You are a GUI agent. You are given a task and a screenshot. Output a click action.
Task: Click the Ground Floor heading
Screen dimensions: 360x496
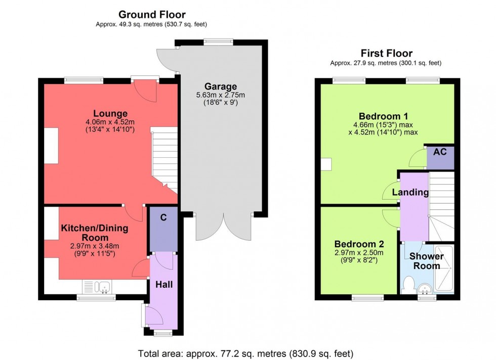[x=152, y=15]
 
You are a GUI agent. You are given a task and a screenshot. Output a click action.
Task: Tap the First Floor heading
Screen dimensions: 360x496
[x=386, y=53]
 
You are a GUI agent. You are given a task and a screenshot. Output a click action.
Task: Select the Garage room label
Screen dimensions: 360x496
[x=221, y=86]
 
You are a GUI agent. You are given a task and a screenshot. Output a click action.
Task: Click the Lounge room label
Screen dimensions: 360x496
[x=110, y=113]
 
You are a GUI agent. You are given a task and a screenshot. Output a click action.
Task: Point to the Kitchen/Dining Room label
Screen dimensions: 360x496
[x=95, y=233]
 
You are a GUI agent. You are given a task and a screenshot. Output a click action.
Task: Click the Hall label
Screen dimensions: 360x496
[x=164, y=284]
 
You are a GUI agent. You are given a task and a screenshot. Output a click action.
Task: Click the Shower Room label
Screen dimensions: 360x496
[x=426, y=261]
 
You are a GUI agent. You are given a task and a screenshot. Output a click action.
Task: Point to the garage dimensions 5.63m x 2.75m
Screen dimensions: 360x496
[x=221, y=96]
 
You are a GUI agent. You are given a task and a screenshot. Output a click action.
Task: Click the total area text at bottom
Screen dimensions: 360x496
[x=245, y=353]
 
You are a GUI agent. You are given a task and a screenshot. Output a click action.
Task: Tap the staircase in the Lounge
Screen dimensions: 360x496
[x=165, y=157]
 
